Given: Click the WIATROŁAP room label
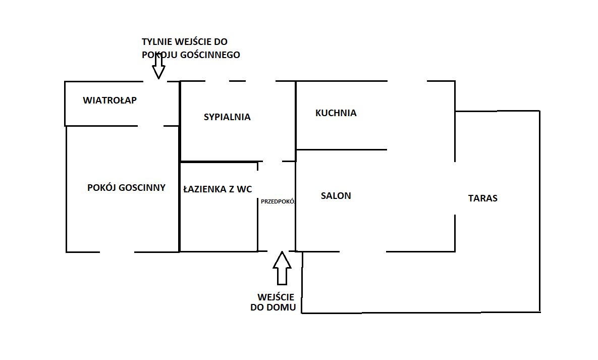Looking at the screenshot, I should [x=110, y=100].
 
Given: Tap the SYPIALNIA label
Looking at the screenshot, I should [x=227, y=117].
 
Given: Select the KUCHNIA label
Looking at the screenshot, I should [x=336, y=113].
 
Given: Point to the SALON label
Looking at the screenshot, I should [x=336, y=196].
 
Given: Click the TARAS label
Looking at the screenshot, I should [x=482, y=198].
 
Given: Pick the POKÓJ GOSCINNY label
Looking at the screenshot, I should [x=126, y=188].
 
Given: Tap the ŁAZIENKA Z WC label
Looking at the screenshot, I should [x=218, y=189].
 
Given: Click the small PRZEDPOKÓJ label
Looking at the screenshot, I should [x=277, y=201].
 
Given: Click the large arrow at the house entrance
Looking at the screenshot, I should [x=282, y=268].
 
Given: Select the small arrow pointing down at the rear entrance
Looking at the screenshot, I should [x=159, y=66].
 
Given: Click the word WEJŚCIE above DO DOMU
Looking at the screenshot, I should [x=276, y=297].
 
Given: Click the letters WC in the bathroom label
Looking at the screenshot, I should [x=244, y=189].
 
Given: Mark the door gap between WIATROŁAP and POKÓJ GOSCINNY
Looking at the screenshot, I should [x=150, y=125].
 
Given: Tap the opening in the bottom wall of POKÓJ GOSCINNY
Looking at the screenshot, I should [x=117, y=251].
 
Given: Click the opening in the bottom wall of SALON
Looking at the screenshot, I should [x=362, y=251].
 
